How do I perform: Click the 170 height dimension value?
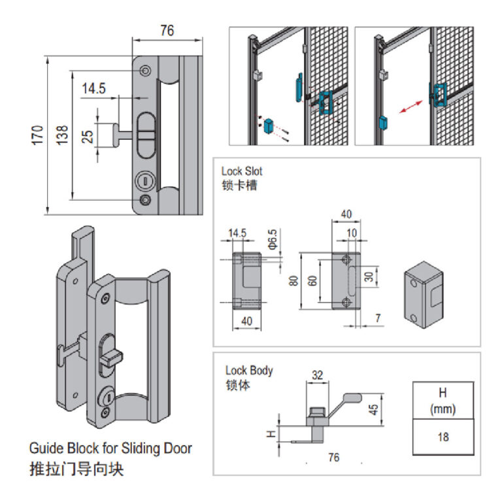[37, 133]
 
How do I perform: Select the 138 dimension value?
[61, 133]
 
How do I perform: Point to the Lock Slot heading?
[242, 172]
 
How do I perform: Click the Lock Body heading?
[249, 371]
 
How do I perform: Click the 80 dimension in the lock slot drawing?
[293, 280]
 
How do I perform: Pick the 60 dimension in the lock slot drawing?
[312, 280]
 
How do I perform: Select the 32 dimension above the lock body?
[318, 375]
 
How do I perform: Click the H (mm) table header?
[443, 401]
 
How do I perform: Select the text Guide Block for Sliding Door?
[110, 449]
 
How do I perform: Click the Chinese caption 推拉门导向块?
[76, 469]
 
